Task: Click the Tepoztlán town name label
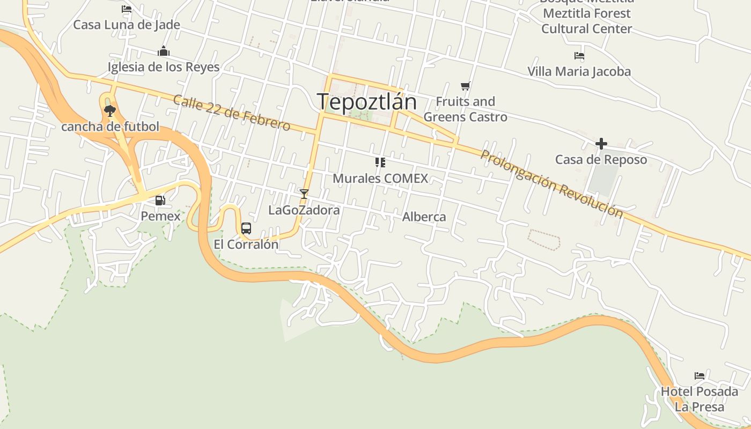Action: point(367,101)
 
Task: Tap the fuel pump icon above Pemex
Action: point(160,201)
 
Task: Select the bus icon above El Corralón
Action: point(246,228)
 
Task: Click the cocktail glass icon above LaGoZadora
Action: point(304,194)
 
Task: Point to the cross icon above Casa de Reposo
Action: point(601,144)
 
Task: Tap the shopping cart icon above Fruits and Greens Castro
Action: point(465,86)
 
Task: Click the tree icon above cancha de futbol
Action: point(110,111)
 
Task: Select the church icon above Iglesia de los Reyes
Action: point(164,51)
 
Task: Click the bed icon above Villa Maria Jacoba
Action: point(579,55)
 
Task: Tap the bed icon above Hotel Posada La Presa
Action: point(699,375)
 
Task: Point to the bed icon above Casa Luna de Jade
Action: point(127,9)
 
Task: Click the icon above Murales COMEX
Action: point(380,162)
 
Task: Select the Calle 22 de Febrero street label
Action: point(232,113)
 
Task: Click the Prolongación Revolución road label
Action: point(552,184)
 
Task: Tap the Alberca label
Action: point(424,217)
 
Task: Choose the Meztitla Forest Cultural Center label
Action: point(586,21)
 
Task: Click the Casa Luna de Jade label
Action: point(127,25)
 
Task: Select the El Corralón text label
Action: point(246,245)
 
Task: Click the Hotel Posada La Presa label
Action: point(699,399)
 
